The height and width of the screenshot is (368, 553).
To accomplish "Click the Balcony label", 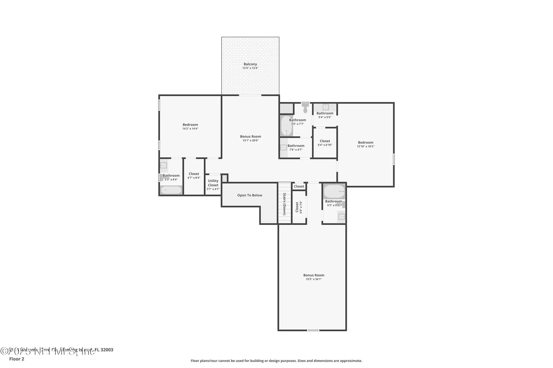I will tap(250, 64).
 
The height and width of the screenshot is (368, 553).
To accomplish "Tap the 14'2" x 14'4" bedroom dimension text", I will tap(190, 129).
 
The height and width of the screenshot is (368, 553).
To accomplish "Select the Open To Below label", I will tap(249, 195).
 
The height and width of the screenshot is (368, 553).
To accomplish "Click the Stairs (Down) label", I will tap(284, 204).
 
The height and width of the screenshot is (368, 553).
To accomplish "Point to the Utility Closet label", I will tap(213, 183).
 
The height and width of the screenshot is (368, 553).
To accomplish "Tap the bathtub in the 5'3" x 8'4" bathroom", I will tap(171, 190).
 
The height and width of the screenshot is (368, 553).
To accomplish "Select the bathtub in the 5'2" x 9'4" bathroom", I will tap(334, 191).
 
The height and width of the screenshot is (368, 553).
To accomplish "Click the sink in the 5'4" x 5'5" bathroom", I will tap(325, 107).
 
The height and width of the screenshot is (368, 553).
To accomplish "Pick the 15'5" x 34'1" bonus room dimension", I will tap(314, 279).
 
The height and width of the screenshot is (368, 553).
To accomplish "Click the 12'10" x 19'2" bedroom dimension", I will tap(365, 146).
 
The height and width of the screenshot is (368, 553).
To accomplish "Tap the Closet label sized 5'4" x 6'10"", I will tap(325, 141).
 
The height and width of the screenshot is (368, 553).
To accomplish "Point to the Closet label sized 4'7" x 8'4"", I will tap(194, 174).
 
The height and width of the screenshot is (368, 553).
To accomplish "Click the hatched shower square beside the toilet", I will tap(286, 108).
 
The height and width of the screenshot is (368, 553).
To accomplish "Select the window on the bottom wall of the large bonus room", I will tap(313, 330).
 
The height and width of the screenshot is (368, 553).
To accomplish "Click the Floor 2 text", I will tap(17, 359).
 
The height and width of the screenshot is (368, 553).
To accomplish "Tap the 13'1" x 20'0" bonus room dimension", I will tap(250, 141).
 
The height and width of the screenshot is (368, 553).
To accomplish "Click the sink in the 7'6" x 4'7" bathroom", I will tap(283, 148).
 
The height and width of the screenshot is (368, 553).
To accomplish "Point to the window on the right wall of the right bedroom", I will tap(394, 159).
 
